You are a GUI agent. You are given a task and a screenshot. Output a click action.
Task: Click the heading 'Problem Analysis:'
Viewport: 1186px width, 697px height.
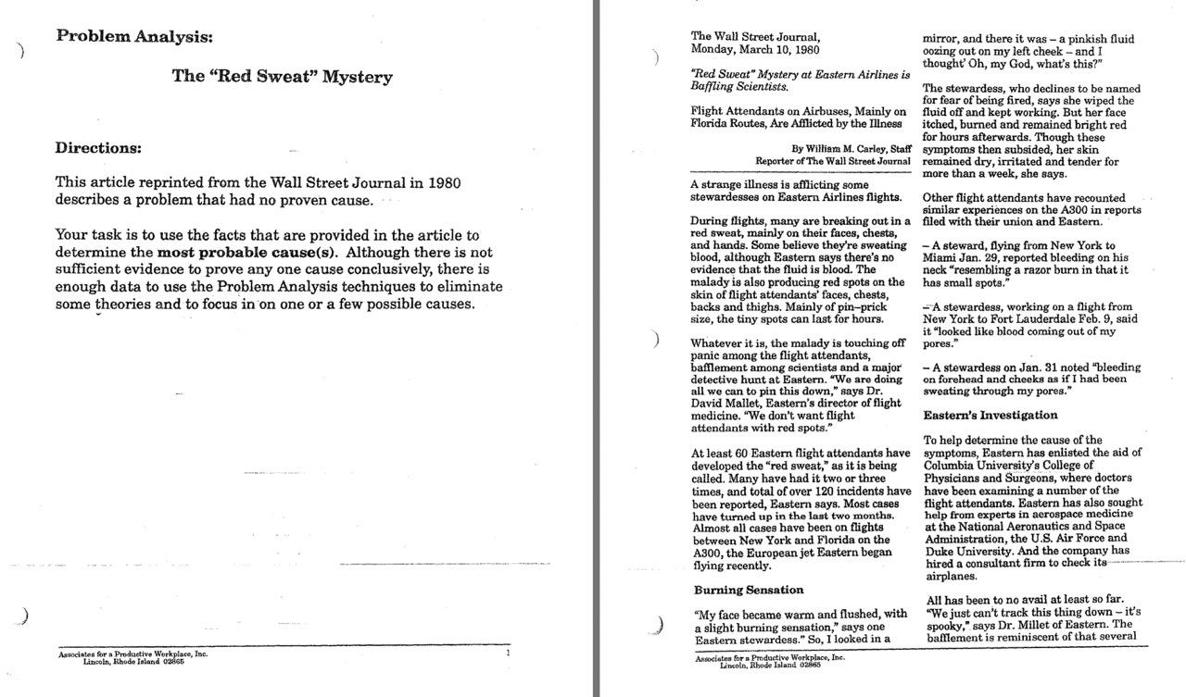click(x=134, y=37)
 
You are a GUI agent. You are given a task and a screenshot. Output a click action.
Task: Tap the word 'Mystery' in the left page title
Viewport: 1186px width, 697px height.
click(x=357, y=77)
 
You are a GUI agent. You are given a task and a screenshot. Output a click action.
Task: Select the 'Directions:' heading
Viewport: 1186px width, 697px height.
click(x=99, y=148)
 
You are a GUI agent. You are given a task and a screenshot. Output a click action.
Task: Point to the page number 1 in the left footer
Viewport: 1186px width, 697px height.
click(x=508, y=653)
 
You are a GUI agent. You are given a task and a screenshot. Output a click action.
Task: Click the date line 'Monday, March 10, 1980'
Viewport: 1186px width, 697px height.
click(x=754, y=50)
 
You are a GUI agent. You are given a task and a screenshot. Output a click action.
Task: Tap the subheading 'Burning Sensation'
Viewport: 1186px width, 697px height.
click(x=749, y=590)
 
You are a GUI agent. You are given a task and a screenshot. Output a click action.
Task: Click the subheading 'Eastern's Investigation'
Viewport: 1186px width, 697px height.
click(x=990, y=416)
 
